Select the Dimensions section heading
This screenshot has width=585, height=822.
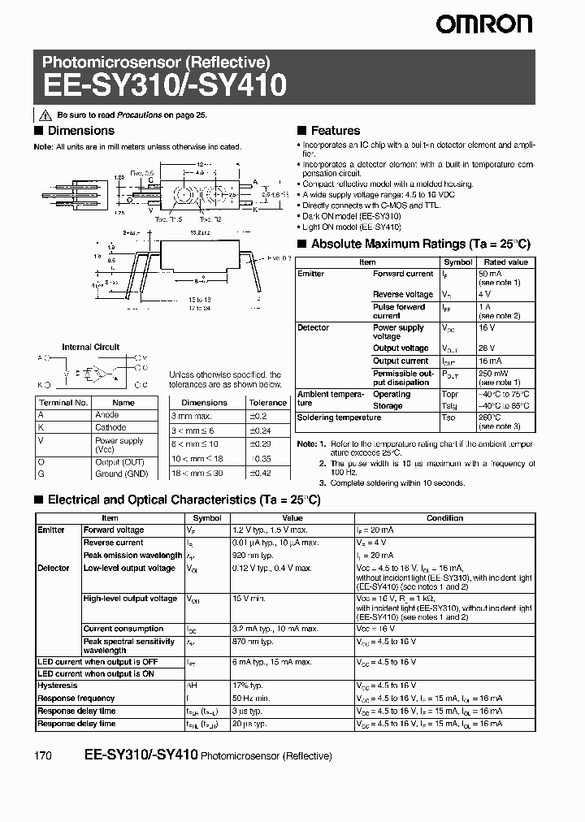(x=80, y=131)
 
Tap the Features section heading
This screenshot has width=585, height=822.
(x=335, y=131)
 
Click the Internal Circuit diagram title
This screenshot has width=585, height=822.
(x=91, y=347)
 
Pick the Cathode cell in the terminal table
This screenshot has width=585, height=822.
(x=111, y=427)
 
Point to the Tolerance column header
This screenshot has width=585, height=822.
(x=267, y=402)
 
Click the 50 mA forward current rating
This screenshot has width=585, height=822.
(x=492, y=275)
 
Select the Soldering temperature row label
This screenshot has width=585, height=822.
(x=339, y=417)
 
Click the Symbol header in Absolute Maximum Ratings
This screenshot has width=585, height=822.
(x=457, y=262)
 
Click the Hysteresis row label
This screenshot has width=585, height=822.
(x=58, y=686)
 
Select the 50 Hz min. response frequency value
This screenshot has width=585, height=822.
(x=251, y=698)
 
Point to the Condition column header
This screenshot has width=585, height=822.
(x=444, y=518)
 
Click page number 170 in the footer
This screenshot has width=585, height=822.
(x=44, y=755)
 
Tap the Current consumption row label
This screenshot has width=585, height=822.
(x=123, y=629)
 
